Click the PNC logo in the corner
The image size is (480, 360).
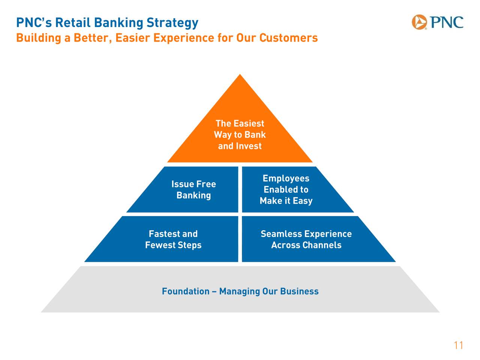[x=437, y=22]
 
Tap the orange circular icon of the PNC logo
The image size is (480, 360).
[x=420, y=22]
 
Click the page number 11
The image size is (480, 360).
[x=458, y=345]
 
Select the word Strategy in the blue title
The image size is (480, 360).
[x=172, y=23]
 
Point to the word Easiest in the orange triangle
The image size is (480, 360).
[x=249, y=123]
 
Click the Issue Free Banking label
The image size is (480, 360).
[x=193, y=189]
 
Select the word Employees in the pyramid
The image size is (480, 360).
[x=286, y=178]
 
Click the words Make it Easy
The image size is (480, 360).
[x=286, y=201]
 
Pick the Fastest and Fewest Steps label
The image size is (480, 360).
[x=173, y=239]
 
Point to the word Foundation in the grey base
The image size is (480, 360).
[x=186, y=291]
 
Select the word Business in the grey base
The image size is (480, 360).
[x=299, y=291]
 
